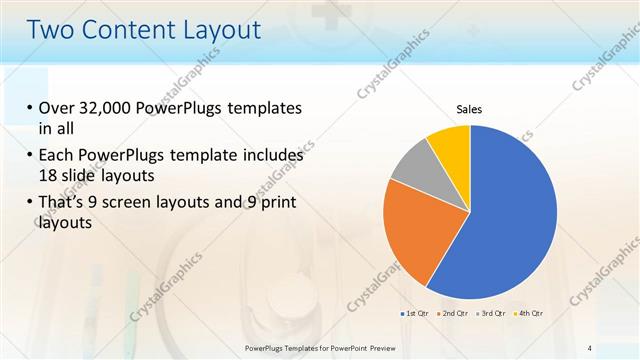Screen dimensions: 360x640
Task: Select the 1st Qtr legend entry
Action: (416, 314)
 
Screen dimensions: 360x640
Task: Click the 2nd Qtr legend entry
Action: (454, 314)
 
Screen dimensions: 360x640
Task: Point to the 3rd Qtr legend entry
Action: (492, 314)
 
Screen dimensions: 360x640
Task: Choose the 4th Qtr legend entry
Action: (529, 314)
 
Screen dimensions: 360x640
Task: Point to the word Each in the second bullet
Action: (58, 156)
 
